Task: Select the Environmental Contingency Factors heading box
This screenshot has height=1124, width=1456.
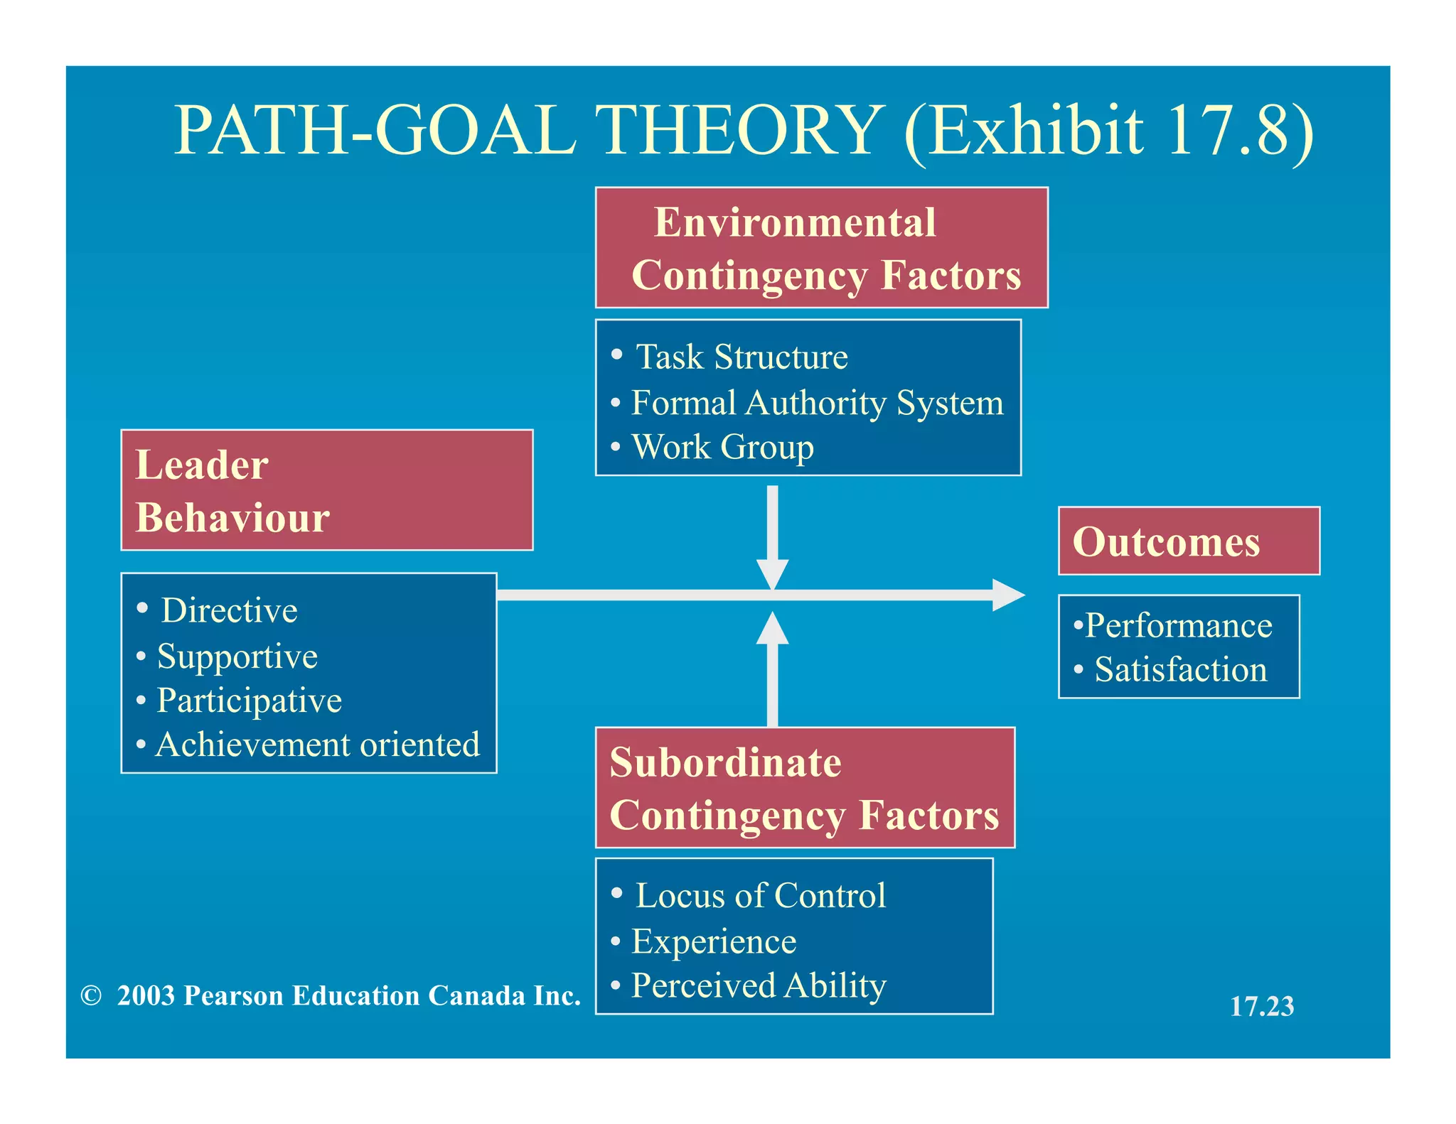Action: click(821, 247)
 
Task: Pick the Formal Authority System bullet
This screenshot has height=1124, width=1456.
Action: click(817, 403)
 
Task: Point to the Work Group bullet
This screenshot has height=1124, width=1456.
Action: click(722, 448)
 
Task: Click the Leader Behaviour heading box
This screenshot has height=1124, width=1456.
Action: click(326, 490)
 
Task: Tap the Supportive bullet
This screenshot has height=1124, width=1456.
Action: click(237, 656)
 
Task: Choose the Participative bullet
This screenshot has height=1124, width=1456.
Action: click(249, 701)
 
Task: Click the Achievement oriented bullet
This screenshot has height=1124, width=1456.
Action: click(317, 745)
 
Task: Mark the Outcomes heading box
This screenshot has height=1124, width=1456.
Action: click(1188, 541)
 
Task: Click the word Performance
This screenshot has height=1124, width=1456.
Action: click(1178, 626)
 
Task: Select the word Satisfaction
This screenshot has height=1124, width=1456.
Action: click(1180, 670)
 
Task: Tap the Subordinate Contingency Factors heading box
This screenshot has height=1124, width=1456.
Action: click(804, 787)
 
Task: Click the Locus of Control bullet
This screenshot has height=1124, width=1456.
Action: click(760, 895)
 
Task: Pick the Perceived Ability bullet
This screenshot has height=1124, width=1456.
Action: click(758, 985)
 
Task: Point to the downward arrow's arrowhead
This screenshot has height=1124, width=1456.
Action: click(772, 573)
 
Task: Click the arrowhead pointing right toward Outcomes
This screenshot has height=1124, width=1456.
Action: click(1007, 595)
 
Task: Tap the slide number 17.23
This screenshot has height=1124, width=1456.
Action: click(1262, 1006)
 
